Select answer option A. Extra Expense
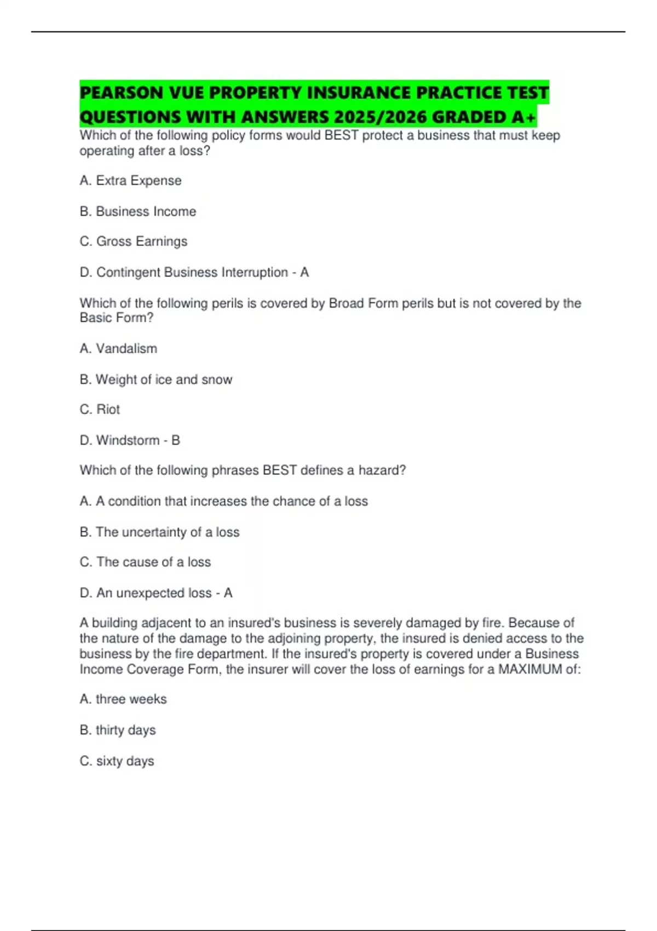[x=130, y=181]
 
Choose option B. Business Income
[x=137, y=211]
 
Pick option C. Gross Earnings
[x=133, y=242]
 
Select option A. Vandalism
[x=118, y=348]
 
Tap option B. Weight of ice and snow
[x=155, y=380]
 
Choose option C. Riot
[x=100, y=410]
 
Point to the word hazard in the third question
[x=382, y=470]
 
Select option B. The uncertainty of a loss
[x=159, y=532]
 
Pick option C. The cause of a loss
[x=145, y=562]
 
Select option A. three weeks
[x=123, y=699]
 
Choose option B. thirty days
[x=118, y=730]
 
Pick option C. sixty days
[x=117, y=761]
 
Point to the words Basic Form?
[x=117, y=318]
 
